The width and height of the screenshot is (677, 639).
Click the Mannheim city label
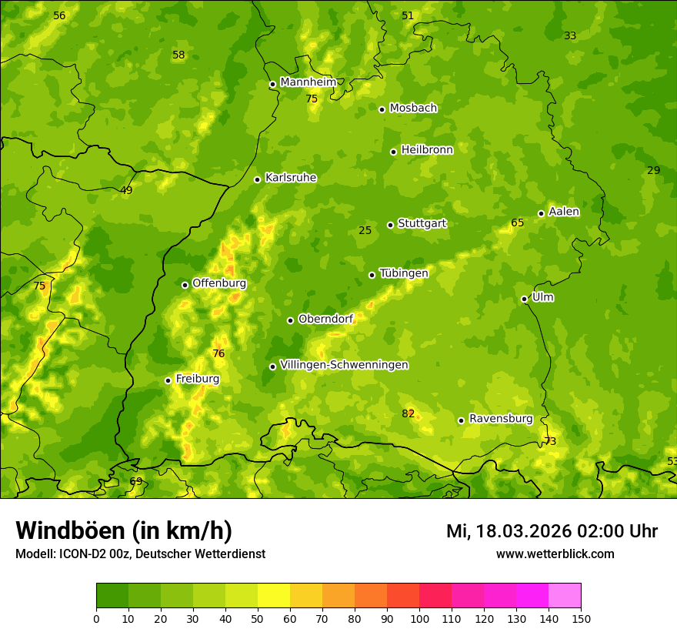tap(308, 82)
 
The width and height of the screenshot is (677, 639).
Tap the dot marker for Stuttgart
tap(390, 225)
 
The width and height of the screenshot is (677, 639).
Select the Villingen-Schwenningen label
tap(344, 365)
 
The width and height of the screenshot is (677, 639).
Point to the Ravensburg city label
tap(500, 419)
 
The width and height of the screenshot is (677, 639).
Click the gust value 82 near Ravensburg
tap(408, 414)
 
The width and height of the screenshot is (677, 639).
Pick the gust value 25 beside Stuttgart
tap(365, 230)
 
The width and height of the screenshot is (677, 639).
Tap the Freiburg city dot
tap(168, 380)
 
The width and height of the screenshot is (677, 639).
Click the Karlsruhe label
tap(290, 178)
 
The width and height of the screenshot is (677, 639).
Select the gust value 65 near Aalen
tap(517, 223)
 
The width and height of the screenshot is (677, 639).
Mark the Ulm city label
tap(542, 297)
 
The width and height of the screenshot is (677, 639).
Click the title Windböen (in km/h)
tap(123, 530)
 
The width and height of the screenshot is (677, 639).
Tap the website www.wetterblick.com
tap(555, 554)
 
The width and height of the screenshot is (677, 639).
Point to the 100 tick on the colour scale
tap(419, 618)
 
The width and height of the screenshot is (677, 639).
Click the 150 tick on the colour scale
tap(581, 618)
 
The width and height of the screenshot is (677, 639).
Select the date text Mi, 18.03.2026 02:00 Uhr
tap(551, 531)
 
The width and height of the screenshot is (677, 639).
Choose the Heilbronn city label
tap(427, 150)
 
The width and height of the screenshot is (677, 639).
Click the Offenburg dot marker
tap(185, 285)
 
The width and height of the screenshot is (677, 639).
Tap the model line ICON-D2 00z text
tap(140, 554)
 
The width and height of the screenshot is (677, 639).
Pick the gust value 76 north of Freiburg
tap(218, 353)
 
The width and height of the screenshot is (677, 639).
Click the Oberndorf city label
tap(325, 319)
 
